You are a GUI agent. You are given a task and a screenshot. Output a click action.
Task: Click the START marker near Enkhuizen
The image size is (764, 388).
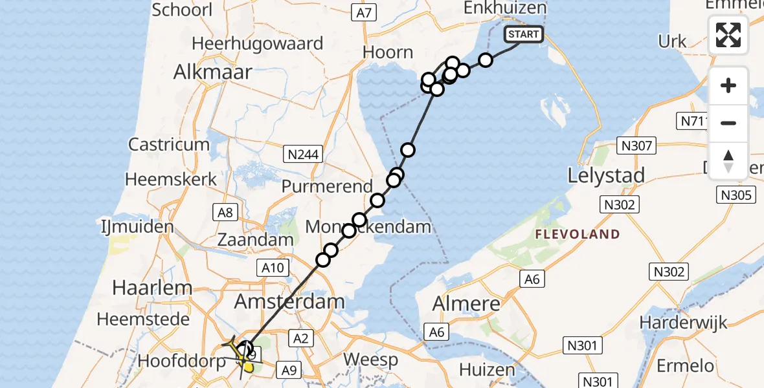523,34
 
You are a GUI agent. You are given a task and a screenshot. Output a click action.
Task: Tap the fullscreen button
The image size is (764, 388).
728,35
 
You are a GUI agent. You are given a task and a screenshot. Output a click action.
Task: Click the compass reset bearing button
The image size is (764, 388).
728,161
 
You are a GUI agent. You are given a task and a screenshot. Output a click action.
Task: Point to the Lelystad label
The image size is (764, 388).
606,176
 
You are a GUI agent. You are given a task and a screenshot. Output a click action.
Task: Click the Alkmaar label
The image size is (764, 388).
212,72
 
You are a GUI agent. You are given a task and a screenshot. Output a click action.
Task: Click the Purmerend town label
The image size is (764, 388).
327,186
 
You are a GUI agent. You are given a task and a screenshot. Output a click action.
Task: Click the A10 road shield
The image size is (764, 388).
272,267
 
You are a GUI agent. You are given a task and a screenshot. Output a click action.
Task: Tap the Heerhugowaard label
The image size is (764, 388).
257,44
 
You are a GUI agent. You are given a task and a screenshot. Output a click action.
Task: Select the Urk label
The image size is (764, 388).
672,41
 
